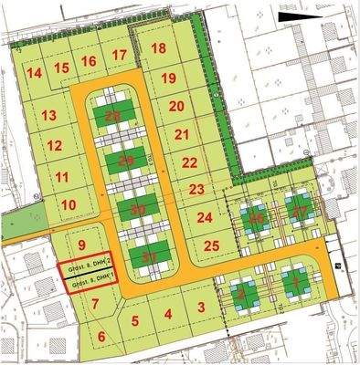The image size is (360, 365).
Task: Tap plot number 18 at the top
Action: (x=159, y=48)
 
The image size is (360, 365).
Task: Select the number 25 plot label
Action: (x=211, y=245)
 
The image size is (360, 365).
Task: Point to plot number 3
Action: (x=200, y=308)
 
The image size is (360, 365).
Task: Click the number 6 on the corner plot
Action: (x=101, y=337)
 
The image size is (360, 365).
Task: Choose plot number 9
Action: (x=81, y=245)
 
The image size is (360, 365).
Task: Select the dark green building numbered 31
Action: (x=145, y=258)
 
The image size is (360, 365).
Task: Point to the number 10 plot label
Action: (x=68, y=204)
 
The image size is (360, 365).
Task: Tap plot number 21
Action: (x=182, y=134)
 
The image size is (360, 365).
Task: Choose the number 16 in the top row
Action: (x=89, y=61)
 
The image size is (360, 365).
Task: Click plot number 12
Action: (x=55, y=145)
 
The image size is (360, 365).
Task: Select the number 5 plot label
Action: (x=134, y=320)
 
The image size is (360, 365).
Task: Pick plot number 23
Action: (x=196, y=189)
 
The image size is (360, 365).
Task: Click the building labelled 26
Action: (x=258, y=218)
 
